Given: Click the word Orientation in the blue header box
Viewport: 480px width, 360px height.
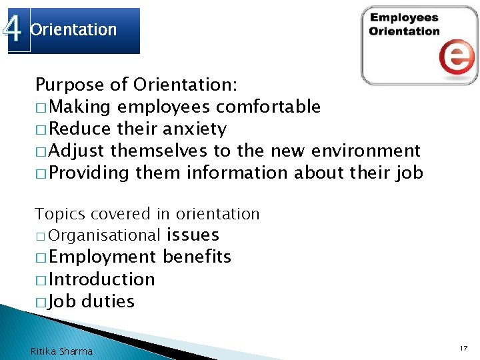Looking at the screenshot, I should (73, 30).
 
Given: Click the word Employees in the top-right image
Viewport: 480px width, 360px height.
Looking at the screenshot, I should (404, 18).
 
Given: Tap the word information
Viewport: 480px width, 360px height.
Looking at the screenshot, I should (237, 173).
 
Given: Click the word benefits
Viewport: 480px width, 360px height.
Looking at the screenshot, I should (197, 257).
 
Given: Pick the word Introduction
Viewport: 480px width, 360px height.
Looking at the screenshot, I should (101, 279).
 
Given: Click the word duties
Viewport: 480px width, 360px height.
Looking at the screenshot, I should (107, 301).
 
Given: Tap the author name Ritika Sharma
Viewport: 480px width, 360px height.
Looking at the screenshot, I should (62, 351).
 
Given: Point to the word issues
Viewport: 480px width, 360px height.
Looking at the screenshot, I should (193, 235).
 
